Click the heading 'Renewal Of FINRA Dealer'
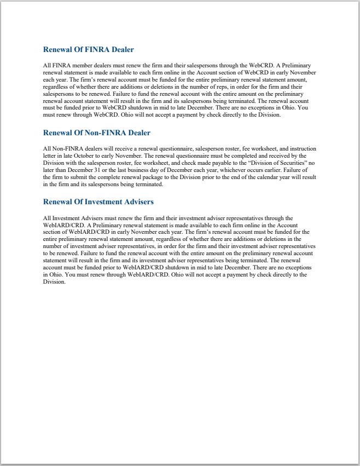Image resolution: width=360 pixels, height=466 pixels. pos(88,50)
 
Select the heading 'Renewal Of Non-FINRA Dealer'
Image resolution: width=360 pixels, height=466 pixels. pos(96,133)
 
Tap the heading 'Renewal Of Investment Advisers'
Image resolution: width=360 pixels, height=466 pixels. pos(98,202)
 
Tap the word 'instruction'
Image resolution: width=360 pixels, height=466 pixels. pos(300,148)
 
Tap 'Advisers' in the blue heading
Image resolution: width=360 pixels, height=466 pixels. pos(137,202)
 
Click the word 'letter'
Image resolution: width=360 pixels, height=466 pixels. pos(50,156)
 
